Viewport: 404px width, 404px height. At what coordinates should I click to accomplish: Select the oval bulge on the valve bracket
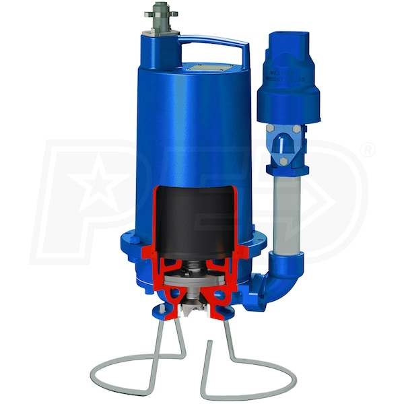(x=285, y=152)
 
